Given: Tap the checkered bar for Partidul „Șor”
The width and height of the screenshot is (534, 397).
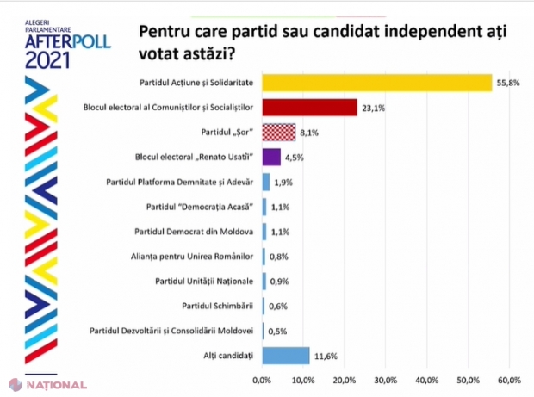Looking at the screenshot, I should tap(279, 133).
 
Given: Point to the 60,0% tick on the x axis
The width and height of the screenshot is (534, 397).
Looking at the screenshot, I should tap(508, 379).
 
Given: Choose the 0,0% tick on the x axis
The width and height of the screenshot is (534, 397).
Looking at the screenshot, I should tap(262, 379).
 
